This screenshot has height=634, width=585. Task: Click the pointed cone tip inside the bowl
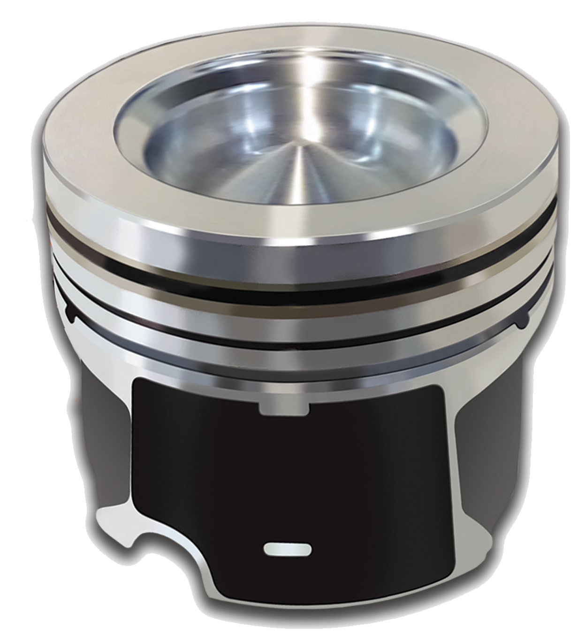301,150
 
